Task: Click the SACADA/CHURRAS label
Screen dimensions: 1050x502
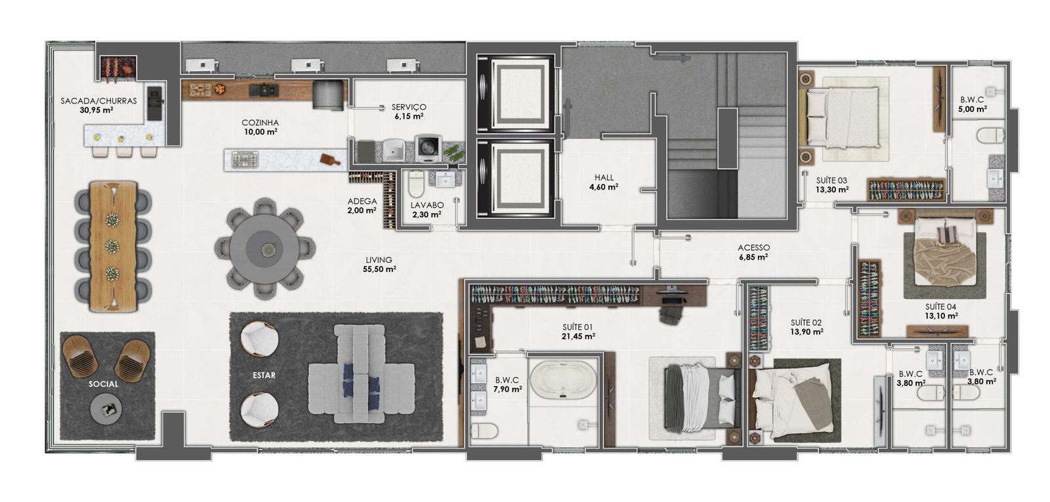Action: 98,101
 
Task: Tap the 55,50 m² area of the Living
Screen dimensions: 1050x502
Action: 379,269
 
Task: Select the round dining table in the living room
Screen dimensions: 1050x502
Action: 265,248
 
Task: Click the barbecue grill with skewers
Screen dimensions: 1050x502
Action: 118,69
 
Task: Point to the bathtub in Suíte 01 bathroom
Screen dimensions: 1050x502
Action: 562,381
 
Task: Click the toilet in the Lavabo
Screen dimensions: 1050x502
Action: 416,184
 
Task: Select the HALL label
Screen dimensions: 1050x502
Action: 604,178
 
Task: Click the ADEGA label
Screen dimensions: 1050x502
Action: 362,201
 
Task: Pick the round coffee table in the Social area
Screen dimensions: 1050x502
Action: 106,409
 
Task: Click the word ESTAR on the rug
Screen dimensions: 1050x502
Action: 264,376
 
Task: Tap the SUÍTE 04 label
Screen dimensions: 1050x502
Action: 940,307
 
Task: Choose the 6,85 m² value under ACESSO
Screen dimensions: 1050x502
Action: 753,257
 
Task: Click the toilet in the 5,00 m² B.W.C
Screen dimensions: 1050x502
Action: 991,136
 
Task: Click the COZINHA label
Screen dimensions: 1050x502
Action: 260,123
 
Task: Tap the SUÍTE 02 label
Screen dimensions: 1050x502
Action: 806,322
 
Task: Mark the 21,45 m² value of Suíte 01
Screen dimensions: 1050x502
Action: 578,336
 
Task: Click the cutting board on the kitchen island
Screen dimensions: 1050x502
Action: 331,160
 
